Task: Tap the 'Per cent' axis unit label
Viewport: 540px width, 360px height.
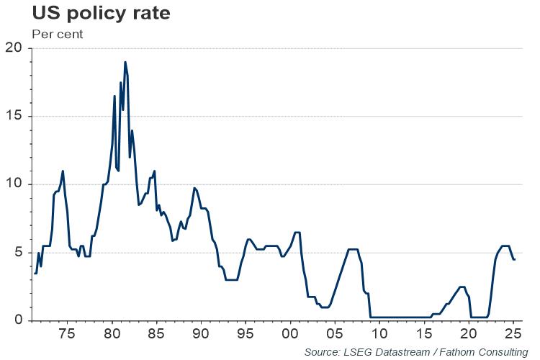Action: click(58, 34)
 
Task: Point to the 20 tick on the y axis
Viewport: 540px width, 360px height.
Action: click(14, 48)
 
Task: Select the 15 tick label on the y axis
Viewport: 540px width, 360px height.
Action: click(14, 117)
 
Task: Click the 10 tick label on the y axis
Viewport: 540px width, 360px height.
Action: click(14, 184)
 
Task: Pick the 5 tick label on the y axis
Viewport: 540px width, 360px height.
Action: click(18, 253)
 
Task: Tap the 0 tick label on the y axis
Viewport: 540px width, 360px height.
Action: click(18, 320)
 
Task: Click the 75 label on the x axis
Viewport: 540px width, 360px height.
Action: click(66, 335)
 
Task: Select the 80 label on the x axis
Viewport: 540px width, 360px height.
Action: click(111, 335)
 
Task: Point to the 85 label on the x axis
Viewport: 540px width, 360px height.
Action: click(156, 335)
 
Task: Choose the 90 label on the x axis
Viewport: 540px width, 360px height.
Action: click(201, 335)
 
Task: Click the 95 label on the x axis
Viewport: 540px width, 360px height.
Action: click(246, 335)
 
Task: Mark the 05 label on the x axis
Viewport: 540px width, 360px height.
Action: click(335, 335)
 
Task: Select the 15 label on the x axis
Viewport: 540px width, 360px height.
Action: click(424, 335)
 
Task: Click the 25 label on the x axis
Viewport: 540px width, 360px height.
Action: click(513, 335)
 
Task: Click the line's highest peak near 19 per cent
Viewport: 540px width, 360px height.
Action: click(125, 62)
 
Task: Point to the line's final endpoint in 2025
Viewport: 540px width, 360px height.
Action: click(514, 259)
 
